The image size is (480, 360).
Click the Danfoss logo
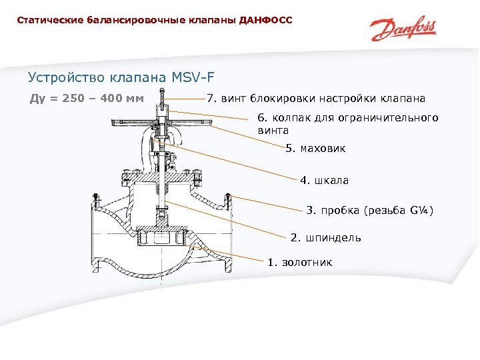(403, 29)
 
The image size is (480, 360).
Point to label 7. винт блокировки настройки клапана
(316, 99)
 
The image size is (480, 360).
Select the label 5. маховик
(315, 148)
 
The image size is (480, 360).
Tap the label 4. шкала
(324, 180)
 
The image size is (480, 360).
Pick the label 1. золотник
(299, 262)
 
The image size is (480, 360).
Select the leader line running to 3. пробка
(267, 203)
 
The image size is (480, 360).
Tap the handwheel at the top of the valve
(160, 123)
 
